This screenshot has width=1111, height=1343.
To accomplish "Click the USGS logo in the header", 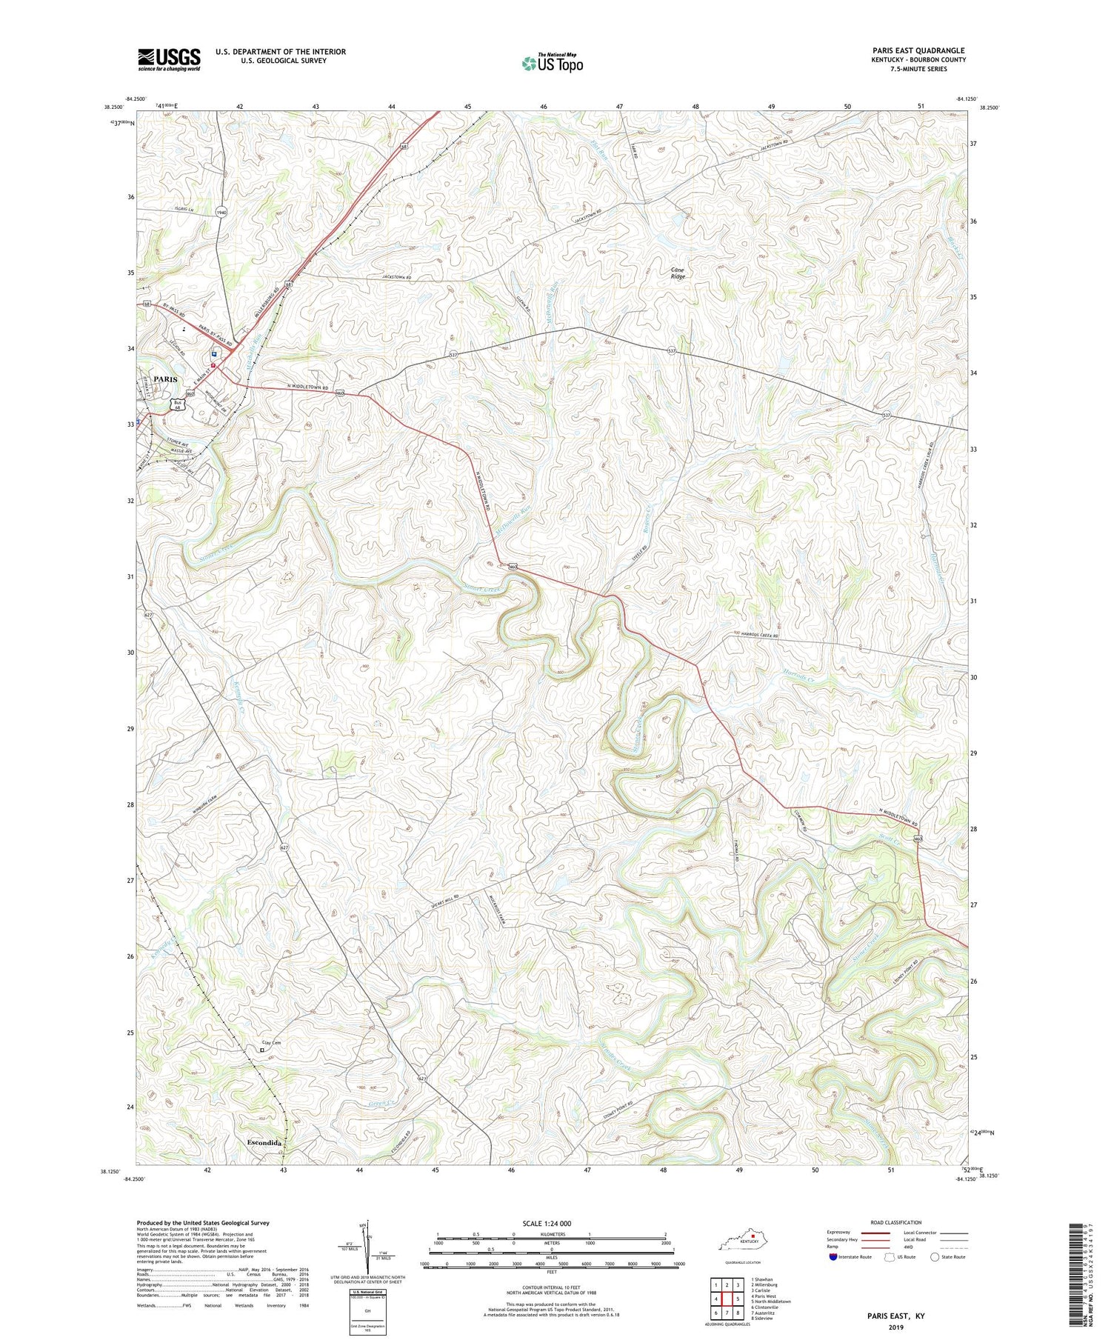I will pyautogui.click(x=169, y=59).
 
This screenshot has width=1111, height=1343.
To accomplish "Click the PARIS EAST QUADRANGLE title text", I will pyautogui.click(x=918, y=50).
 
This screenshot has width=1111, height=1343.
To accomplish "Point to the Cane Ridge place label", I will pyautogui.click(x=678, y=273).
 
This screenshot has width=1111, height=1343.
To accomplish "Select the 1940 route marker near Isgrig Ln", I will pyautogui.click(x=221, y=213).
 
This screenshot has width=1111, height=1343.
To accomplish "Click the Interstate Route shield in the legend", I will pyautogui.click(x=833, y=1257).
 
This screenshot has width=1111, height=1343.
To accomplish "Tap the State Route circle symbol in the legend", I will pyautogui.click(x=935, y=1257).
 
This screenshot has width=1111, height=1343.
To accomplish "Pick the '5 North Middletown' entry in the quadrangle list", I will pyautogui.click(x=770, y=1302).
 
